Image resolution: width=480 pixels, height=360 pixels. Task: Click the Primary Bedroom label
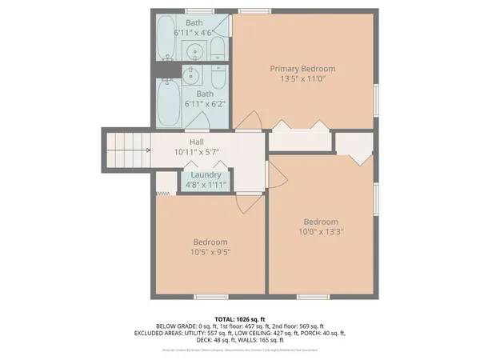302,69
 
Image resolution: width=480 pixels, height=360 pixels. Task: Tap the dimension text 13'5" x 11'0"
302,79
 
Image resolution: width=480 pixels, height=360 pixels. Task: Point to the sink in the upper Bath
195,53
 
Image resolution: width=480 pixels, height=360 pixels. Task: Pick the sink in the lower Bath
192,76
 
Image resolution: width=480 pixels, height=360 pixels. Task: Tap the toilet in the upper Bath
218,49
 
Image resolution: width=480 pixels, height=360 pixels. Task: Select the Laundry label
206,174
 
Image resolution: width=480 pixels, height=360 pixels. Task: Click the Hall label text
195,142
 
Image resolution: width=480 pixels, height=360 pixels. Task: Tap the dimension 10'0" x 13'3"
320,233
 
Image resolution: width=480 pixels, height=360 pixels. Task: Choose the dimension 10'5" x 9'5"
210,253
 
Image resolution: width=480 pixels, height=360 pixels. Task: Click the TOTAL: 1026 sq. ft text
239,317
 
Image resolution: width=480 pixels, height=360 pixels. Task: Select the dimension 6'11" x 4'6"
194,33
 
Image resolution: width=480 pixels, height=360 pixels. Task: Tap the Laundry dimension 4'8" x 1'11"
206,185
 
